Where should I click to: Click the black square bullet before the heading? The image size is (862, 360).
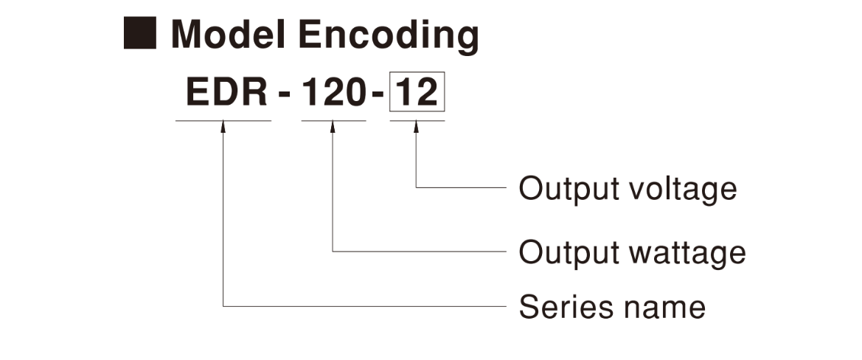point(139,33)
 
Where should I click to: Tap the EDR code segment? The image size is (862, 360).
point(223,93)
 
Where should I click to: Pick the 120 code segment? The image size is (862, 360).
point(333,93)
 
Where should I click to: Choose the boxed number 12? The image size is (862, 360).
point(417,94)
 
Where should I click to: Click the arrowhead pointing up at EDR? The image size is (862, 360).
point(223,128)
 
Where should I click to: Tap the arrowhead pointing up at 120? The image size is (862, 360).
point(333,128)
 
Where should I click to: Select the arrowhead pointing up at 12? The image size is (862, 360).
point(417,128)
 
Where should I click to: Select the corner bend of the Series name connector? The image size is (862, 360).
point(223,304)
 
